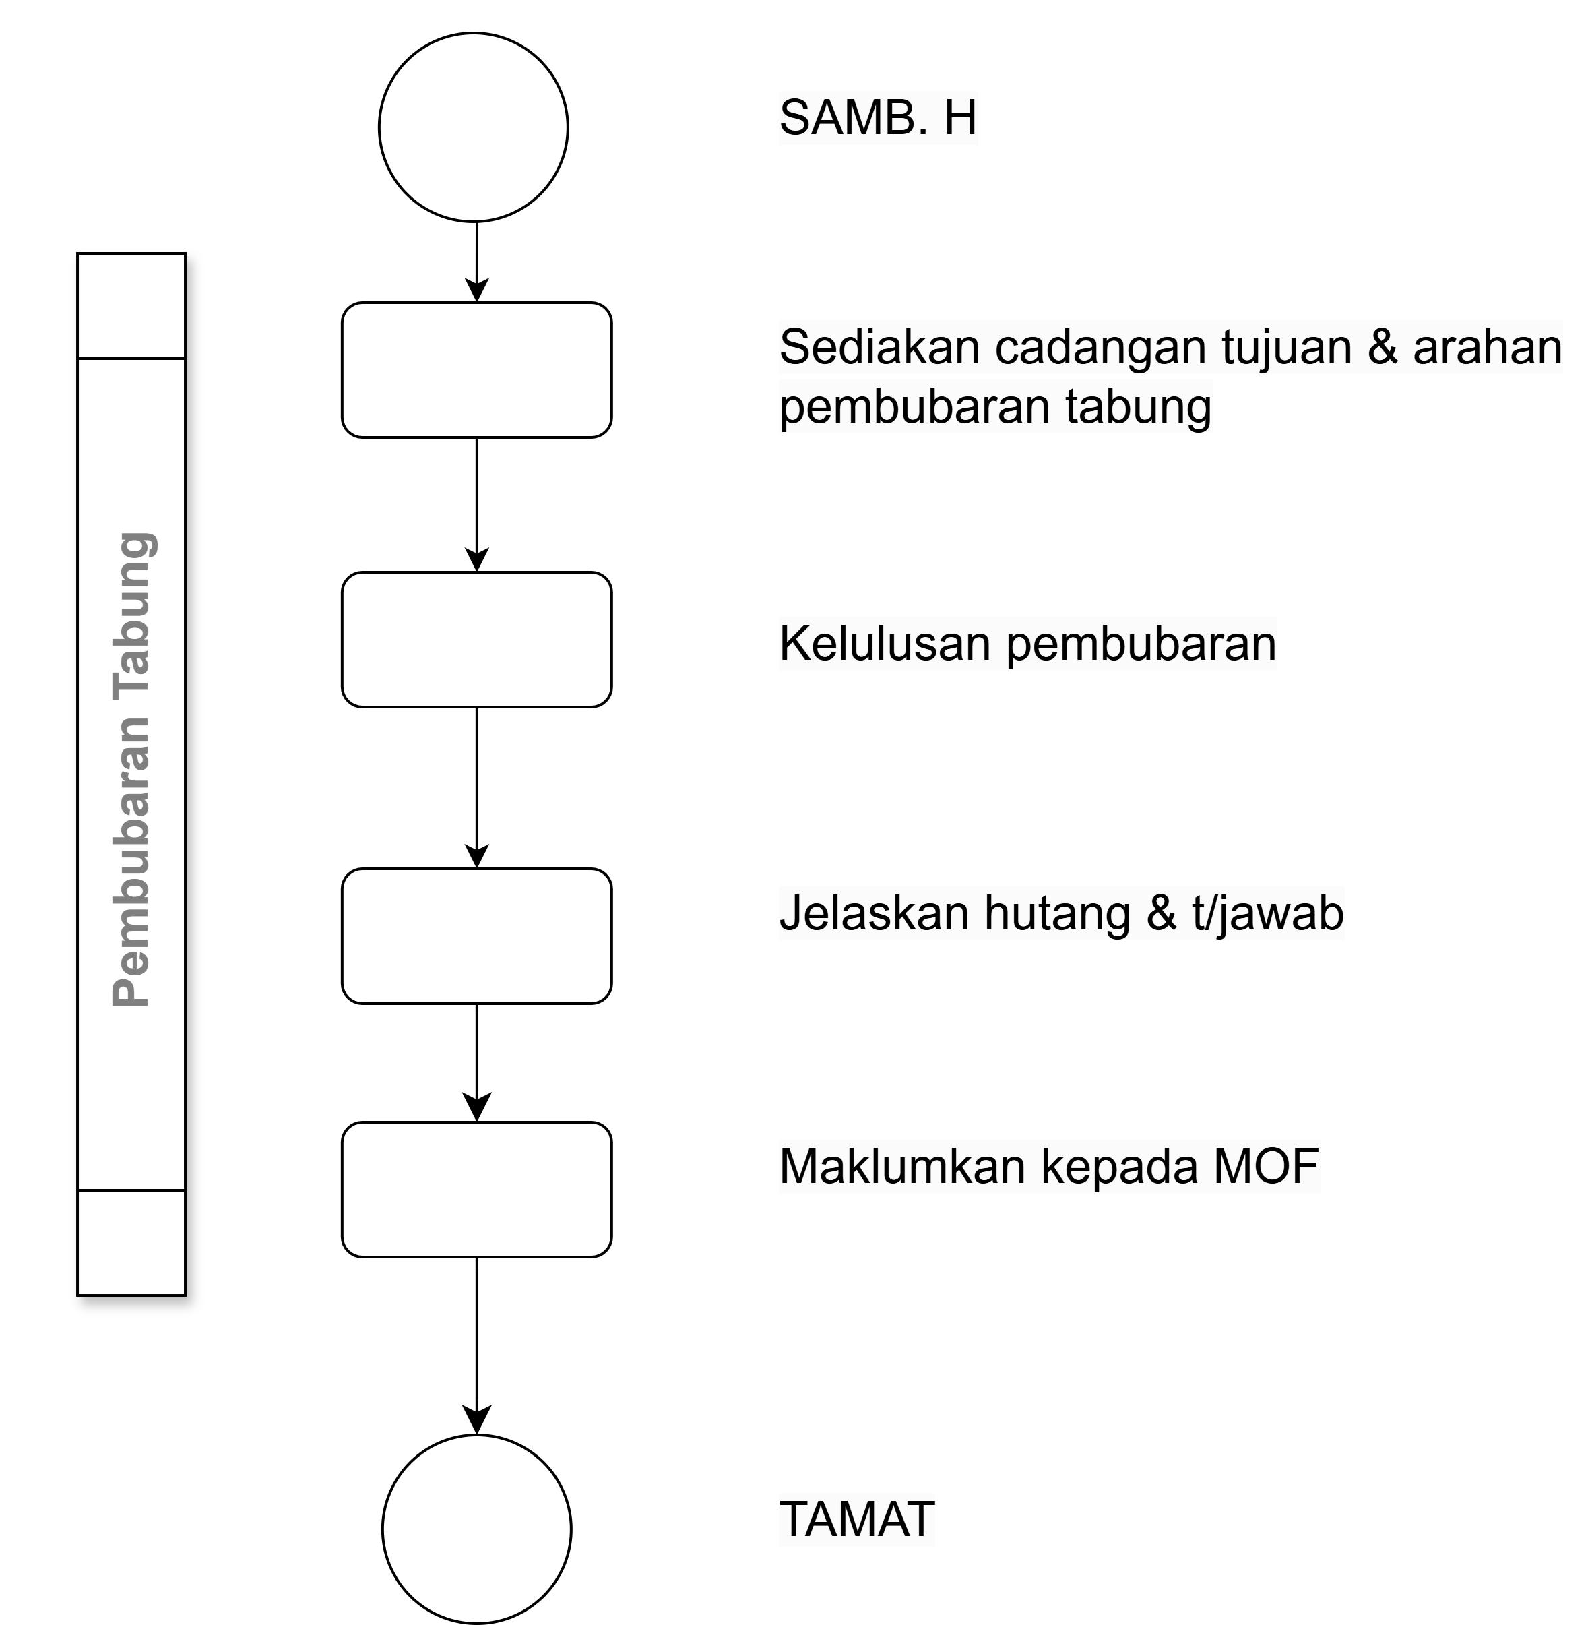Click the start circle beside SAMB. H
(x=473, y=127)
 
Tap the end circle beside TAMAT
(x=476, y=1529)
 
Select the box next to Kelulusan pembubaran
(x=476, y=640)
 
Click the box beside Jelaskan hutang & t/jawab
(x=476, y=936)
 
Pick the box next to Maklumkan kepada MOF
(x=476, y=1190)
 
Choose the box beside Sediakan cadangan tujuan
(x=476, y=369)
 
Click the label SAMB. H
(x=877, y=118)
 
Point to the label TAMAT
(x=856, y=1519)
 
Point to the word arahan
(x=1486, y=347)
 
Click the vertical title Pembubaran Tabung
(x=132, y=769)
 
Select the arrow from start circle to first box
(x=476, y=261)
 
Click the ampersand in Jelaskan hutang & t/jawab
(x=1161, y=913)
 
